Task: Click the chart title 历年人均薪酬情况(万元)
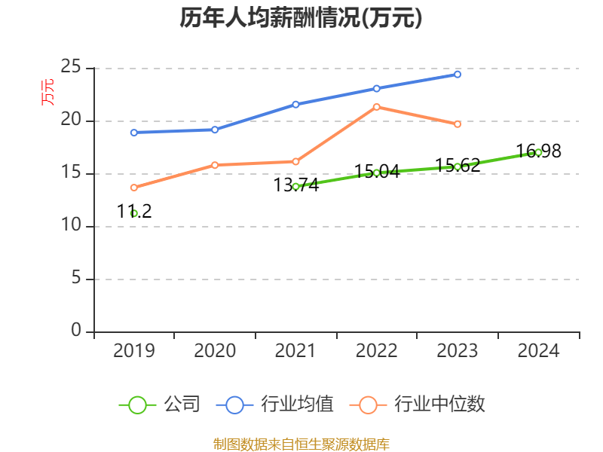301,18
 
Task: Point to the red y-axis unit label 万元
47,92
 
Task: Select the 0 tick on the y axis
76,331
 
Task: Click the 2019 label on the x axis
133,351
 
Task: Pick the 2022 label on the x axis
376,351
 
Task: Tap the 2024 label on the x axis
538,351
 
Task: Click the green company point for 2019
133,213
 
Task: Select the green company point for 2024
538,152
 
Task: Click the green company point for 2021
295,186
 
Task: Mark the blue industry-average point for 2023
458,75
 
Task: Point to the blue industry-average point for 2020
215,130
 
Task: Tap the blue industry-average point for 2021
295,104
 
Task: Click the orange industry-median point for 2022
376,106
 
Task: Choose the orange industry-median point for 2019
133,188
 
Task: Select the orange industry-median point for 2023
458,124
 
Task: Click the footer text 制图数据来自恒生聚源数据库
301,444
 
